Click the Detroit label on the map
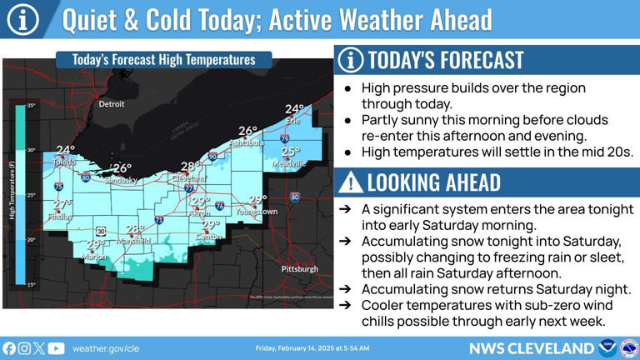[x=111, y=104]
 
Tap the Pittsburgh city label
[x=299, y=269]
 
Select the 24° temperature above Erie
[x=295, y=109]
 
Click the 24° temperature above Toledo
[x=65, y=150]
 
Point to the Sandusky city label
[x=121, y=180]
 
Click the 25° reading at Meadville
[x=290, y=152]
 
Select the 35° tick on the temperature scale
[x=31, y=106]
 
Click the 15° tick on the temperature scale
[x=31, y=285]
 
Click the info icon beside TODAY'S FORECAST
[x=351, y=60]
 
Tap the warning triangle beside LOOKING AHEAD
[x=351, y=182]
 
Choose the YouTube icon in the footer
[x=56, y=347]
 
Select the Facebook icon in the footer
[x=9, y=347]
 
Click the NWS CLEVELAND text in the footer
[x=530, y=347]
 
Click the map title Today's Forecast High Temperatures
[x=163, y=60]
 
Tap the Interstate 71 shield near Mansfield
[x=159, y=220]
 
